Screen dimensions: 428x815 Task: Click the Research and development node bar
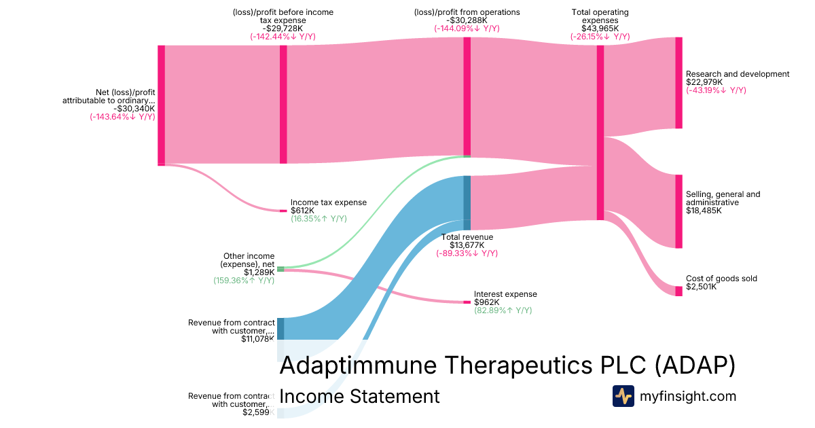pos(678,83)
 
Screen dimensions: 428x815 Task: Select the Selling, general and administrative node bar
pos(678,211)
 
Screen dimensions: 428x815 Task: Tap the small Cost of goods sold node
pos(678,291)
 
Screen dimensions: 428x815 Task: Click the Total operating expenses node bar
pos(600,132)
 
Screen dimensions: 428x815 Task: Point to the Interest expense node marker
pos(467,302)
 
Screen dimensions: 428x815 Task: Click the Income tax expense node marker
pos(283,211)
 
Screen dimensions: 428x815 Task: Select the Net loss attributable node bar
pos(161,105)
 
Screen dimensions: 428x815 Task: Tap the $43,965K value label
pos(600,29)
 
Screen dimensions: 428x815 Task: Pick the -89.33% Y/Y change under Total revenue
pos(467,253)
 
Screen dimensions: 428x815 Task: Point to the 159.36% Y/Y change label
pos(244,280)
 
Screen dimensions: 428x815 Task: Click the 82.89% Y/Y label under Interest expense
pos(503,310)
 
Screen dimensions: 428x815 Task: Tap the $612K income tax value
pos(302,211)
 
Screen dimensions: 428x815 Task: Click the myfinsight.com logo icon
pos(623,396)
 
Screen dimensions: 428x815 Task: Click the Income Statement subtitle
pos(359,396)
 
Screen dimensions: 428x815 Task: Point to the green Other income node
pos(280,269)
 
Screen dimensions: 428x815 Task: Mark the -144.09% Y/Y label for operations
pos(467,29)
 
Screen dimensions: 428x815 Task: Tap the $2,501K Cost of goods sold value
pos(703,287)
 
